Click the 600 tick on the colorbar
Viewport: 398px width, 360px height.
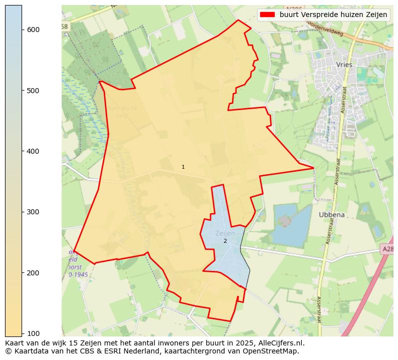point(34,30)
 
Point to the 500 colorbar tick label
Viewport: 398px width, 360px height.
point(34,91)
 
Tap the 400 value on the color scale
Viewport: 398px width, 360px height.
point(34,151)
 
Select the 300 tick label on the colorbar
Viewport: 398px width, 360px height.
point(34,212)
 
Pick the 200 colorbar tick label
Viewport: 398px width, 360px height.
point(34,273)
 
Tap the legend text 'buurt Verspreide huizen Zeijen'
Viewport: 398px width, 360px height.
point(333,15)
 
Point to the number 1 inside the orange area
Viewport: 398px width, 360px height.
point(183,167)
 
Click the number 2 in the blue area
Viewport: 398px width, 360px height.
point(225,241)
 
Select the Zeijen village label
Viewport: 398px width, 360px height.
point(225,233)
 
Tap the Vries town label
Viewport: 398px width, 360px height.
point(344,65)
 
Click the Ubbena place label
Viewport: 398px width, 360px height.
point(332,215)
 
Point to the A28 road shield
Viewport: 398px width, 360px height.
point(388,249)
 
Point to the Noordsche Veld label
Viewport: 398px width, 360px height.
point(122,111)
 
